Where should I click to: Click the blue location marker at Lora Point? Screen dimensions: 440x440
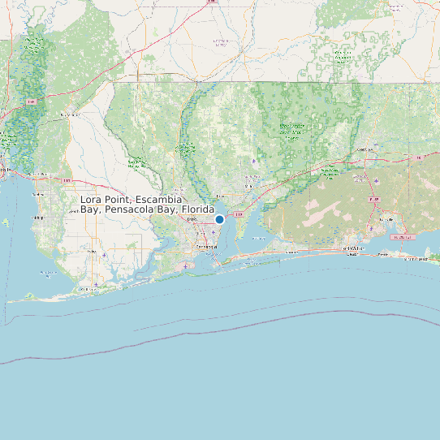(219, 219)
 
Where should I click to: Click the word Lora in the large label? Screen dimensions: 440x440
(93, 200)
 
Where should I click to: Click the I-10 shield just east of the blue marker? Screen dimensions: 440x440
(239, 214)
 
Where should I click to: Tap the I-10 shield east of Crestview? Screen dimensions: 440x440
(419, 157)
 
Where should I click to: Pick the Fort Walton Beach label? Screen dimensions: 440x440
(351, 248)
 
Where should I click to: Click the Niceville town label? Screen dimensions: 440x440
(386, 219)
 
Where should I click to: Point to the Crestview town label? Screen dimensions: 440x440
(365, 150)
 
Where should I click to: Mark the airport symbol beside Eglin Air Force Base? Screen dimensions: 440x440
(376, 180)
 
